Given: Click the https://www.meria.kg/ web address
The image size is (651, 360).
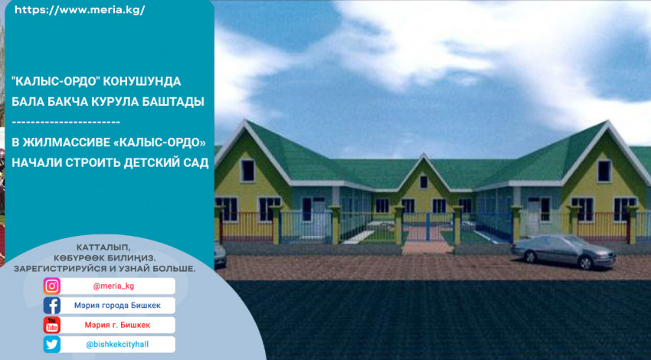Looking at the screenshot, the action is coord(80,11).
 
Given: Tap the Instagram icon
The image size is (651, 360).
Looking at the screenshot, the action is coord(52,286).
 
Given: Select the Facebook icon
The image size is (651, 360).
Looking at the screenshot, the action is coord(52,306).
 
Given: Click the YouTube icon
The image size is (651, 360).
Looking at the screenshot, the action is coord(52,325).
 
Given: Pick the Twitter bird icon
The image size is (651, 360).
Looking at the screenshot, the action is coord(52,345).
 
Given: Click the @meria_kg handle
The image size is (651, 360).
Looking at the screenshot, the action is coord(113,286).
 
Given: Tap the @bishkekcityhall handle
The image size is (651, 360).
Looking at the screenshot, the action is coord(117,345).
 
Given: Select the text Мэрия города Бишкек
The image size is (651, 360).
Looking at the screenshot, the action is coord(117,306).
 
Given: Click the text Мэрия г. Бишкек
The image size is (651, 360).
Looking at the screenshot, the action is coord(117,325).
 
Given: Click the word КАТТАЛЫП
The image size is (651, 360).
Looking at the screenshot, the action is coord(103,248).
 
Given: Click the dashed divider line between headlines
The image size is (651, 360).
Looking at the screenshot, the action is coord(66,122).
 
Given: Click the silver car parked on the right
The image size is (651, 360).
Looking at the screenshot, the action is coord(564,251).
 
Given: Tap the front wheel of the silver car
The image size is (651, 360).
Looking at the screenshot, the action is coord(585,263).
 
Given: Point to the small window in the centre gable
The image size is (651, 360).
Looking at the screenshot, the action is coord(424,182).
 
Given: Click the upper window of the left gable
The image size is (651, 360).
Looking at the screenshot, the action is coord(248,170).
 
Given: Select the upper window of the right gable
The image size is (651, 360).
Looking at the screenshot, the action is coord(604,171).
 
